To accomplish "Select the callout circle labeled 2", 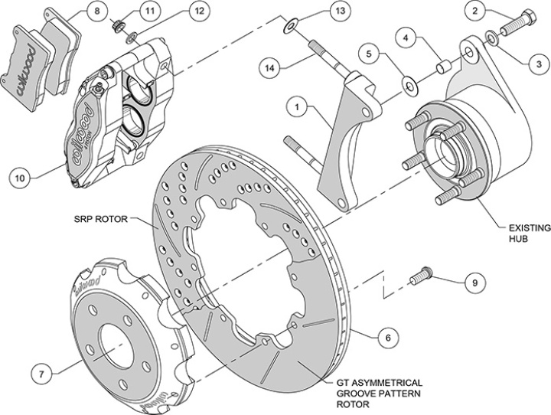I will click(x=476, y=11).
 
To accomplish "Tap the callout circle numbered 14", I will click(x=269, y=67).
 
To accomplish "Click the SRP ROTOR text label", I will click(x=105, y=218).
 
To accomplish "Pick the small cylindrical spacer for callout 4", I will click(x=442, y=67).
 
